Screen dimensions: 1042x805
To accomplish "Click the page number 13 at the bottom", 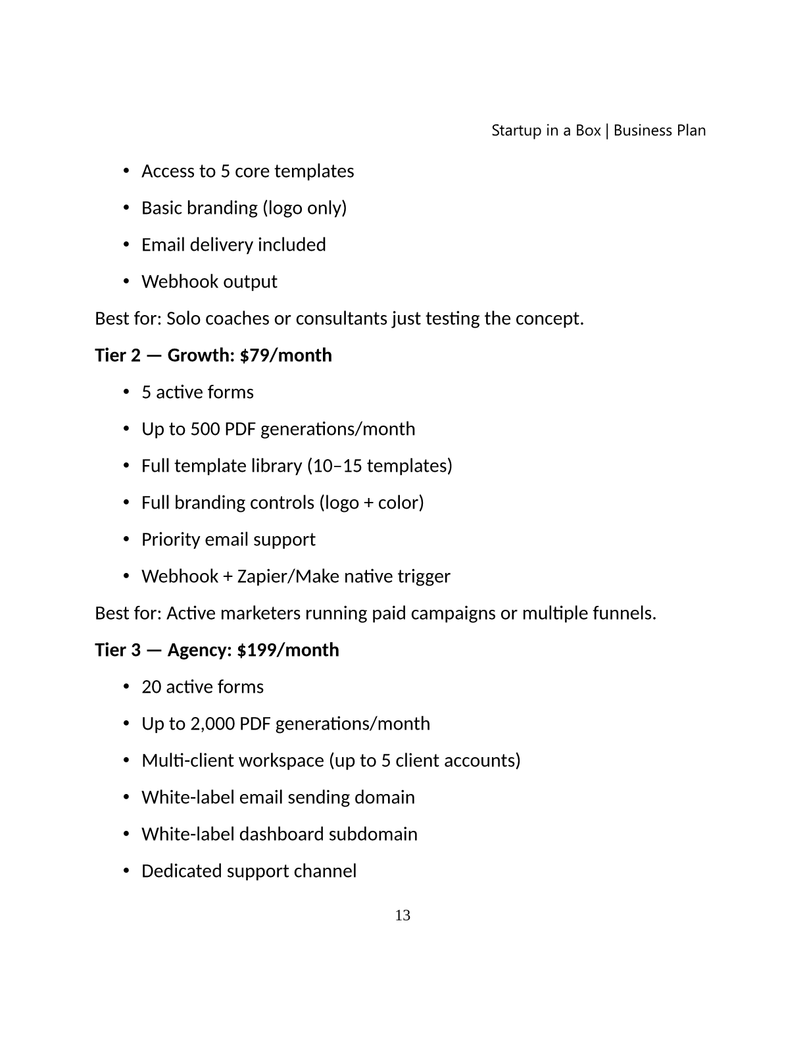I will pos(402,915).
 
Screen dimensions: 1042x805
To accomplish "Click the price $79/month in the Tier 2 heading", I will pos(286,355).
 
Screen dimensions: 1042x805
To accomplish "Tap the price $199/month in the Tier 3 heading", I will pos(288,650).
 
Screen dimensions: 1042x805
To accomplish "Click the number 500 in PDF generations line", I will pos(205,429).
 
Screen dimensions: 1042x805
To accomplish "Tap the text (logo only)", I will pos(305,208).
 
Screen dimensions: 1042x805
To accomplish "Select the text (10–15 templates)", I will pos(379,466).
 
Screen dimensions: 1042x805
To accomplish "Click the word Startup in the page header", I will pos(516,130).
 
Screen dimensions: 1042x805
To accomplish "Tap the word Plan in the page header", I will pos(691,130).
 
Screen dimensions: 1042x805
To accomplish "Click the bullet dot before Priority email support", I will pos(126,539).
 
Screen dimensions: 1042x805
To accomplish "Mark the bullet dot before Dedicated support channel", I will pos(126,871).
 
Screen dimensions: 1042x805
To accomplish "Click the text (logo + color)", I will pos(372,503).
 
